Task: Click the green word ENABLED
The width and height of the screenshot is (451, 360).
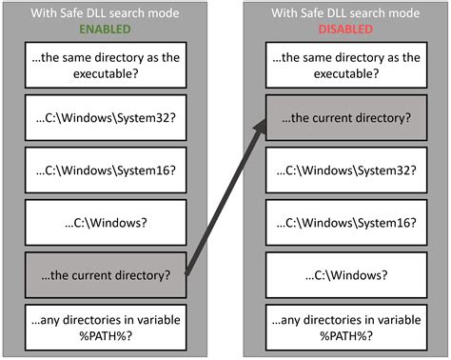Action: click(106, 30)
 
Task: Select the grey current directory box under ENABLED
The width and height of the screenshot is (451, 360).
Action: click(105, 276)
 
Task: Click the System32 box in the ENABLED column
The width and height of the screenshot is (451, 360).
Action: click(105, 119)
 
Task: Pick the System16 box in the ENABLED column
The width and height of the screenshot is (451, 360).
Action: click(105, 171)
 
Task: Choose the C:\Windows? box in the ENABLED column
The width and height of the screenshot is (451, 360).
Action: click(105, 223)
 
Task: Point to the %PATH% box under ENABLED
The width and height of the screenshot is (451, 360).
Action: click(105, 327)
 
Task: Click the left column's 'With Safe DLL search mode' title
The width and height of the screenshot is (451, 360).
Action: click(106, 13)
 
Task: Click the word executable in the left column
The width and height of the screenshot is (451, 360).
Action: click(105, 74)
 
